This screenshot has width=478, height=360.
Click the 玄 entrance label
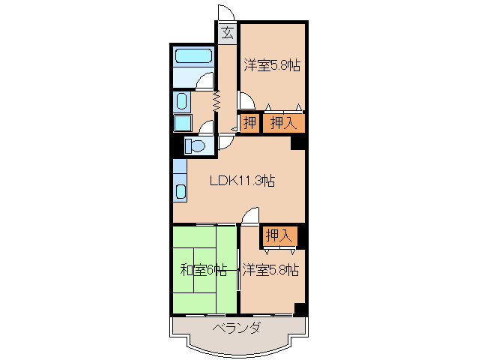[x=227, y=32]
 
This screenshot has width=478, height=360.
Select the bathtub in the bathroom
[x=194, y=55]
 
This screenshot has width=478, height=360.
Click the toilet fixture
[x=196, y=145]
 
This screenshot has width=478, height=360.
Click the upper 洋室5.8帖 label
[x=272, y=66]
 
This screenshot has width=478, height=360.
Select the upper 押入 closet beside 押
[x=282, y=123]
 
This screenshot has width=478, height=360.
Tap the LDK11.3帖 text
[x=241, y=181]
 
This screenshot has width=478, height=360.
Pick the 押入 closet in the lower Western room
[x=279, y=235]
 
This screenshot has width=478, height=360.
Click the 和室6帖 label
[x=202, y=269]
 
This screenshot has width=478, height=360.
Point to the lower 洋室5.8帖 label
[x=270, y=269]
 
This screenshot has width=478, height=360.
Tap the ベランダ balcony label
[x=236, y=328]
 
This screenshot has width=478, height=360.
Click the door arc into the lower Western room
[x=249, y=216]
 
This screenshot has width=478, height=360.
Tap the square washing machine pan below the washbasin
[x=182, y=123]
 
